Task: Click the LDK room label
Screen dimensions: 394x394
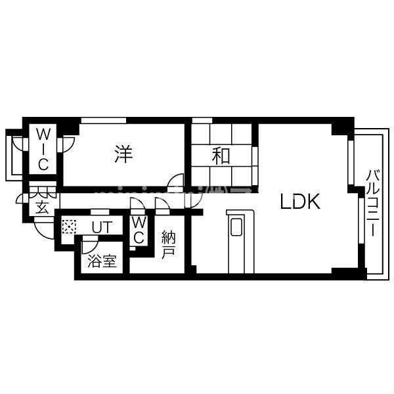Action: [x=300, y=202]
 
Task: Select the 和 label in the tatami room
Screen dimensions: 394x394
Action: [x=221, y=156]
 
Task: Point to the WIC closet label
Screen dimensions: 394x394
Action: [x=43, y=150]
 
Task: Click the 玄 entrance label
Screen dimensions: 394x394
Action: [x=41, y=209]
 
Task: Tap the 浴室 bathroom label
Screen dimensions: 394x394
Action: [x=102, y=261]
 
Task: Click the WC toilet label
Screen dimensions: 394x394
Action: [x=139, y=230]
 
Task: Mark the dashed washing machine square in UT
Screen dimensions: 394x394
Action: [x=68, y=227]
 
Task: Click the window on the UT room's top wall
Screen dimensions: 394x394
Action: [x=99, y=212]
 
